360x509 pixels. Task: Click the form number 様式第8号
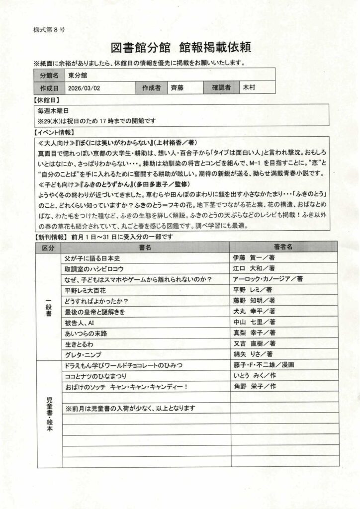[x=49, y=29]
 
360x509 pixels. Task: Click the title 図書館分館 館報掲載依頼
[x=181, y=48]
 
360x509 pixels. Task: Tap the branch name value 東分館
[x=78, y=76]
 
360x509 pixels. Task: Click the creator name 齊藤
[x=177, y=88]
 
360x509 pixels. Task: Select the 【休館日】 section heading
[x=46, y=100]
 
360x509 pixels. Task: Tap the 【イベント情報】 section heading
[x=52, y=132]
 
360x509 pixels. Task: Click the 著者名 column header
[x=283, y=247]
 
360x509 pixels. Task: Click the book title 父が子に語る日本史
[x=92, y=258]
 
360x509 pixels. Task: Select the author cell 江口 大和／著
[x=254, y=269]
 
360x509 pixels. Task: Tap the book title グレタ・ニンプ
[x=83, y=354]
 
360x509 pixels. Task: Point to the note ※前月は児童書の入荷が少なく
[x=130, y=408]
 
